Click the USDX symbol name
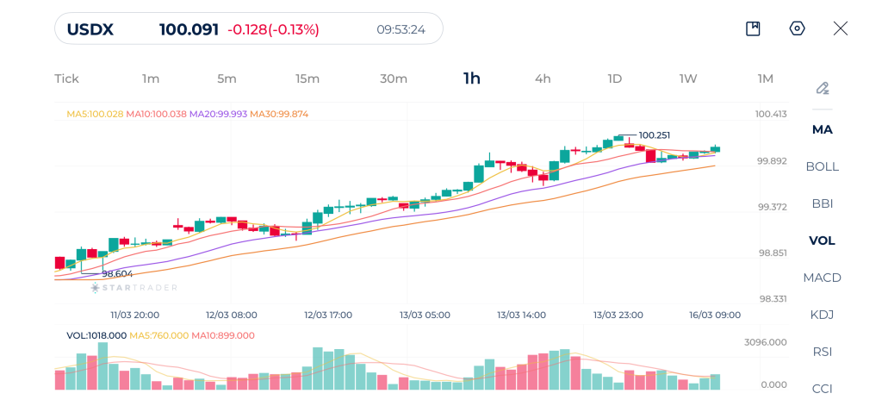90,29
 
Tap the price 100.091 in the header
189,29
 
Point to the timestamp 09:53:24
401,29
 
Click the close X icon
841,28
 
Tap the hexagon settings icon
797,28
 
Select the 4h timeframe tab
543,78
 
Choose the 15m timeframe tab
307,78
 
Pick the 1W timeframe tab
687,78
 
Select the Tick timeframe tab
66,78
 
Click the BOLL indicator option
822,166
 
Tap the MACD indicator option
822,278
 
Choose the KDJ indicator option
822,315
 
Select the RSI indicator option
822,352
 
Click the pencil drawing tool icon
823,88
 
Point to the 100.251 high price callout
655,135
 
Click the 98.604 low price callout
117,273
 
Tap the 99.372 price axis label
772,207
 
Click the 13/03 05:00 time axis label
425,315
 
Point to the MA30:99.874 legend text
279,114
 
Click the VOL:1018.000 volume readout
96,335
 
